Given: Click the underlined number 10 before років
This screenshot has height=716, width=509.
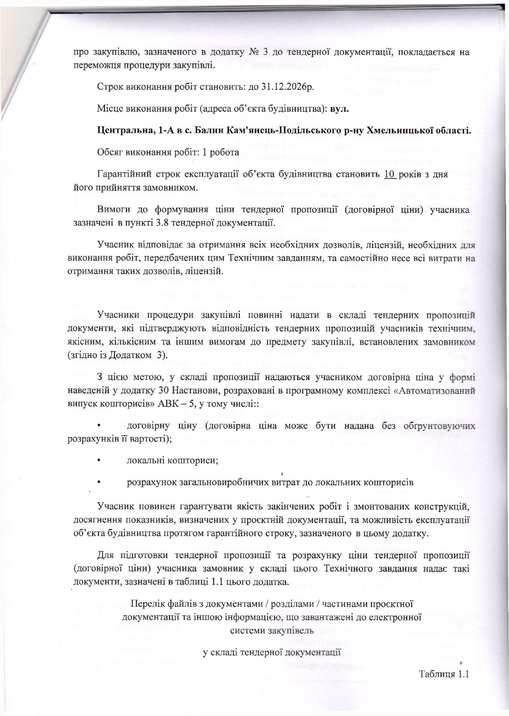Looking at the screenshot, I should [x=390, y=174].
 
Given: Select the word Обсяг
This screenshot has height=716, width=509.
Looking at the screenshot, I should [x=109, y=153].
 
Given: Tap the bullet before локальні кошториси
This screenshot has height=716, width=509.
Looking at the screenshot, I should [x=99, y=461].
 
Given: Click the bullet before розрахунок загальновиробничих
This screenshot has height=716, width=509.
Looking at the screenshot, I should [x=99, y=483].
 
